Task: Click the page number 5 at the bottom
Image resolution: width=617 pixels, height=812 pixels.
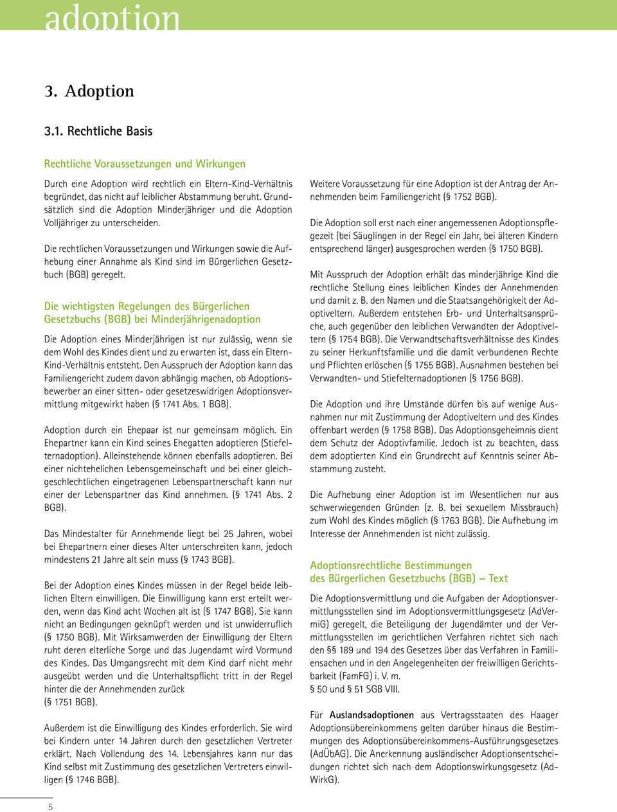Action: point(50,806)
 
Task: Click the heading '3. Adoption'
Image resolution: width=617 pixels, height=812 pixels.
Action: point(89,91)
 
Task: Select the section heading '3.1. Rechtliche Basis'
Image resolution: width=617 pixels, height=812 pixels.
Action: point(98,131)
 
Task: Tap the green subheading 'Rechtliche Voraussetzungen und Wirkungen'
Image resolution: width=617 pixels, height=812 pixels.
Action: point(144,164)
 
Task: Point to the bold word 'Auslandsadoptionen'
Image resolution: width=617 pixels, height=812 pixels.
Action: point(371,714)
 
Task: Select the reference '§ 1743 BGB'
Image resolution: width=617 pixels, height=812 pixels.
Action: point(206,559)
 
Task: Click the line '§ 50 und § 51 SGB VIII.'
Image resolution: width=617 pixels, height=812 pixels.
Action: point(355,689)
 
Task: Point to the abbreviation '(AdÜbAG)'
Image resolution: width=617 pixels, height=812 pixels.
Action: point(330,753)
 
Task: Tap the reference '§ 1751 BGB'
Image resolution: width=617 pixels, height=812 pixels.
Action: point(71,702)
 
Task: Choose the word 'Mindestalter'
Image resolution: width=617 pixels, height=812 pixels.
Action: point(90,533)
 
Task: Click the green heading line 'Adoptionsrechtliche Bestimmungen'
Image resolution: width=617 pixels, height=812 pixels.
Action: point(391,565)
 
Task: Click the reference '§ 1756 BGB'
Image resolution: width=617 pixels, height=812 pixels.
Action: point(494,378)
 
